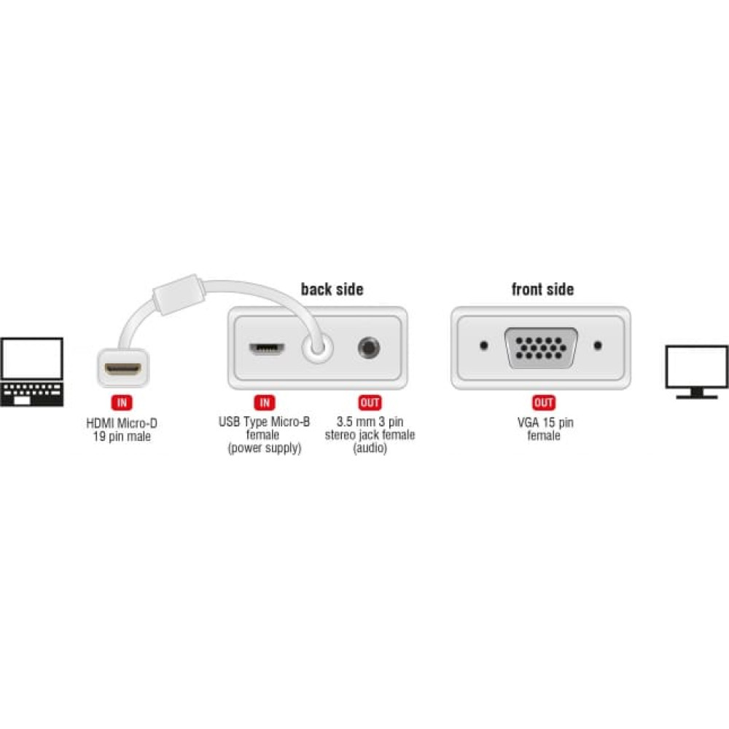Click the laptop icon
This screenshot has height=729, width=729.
coord(31,372)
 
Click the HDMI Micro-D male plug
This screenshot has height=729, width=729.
coord(122,368)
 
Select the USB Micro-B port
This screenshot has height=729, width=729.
coord(267,348)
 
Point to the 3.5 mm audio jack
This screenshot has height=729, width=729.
coord(369,348)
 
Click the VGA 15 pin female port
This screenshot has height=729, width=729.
coord(541,348)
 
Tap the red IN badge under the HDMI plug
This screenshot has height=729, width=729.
coord(122,402)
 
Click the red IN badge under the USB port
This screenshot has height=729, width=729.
coord(265,402)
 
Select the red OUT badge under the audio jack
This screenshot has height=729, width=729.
coord(370,402)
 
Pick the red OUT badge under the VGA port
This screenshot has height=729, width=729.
coord(544,402)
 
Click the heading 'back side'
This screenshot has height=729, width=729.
coord(332,289)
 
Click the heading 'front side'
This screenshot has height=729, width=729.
coord(542,289)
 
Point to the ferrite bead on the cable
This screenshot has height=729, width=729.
coord(179,295)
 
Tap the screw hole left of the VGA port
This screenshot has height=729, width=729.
coord(483,346)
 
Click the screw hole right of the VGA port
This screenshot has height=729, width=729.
coord(598,346)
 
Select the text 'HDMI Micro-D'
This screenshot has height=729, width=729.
coord(122,423)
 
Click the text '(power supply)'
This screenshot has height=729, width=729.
coord(265,448)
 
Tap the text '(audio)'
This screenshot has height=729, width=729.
coord(370,448)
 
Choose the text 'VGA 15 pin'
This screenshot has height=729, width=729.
coord(545,423)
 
